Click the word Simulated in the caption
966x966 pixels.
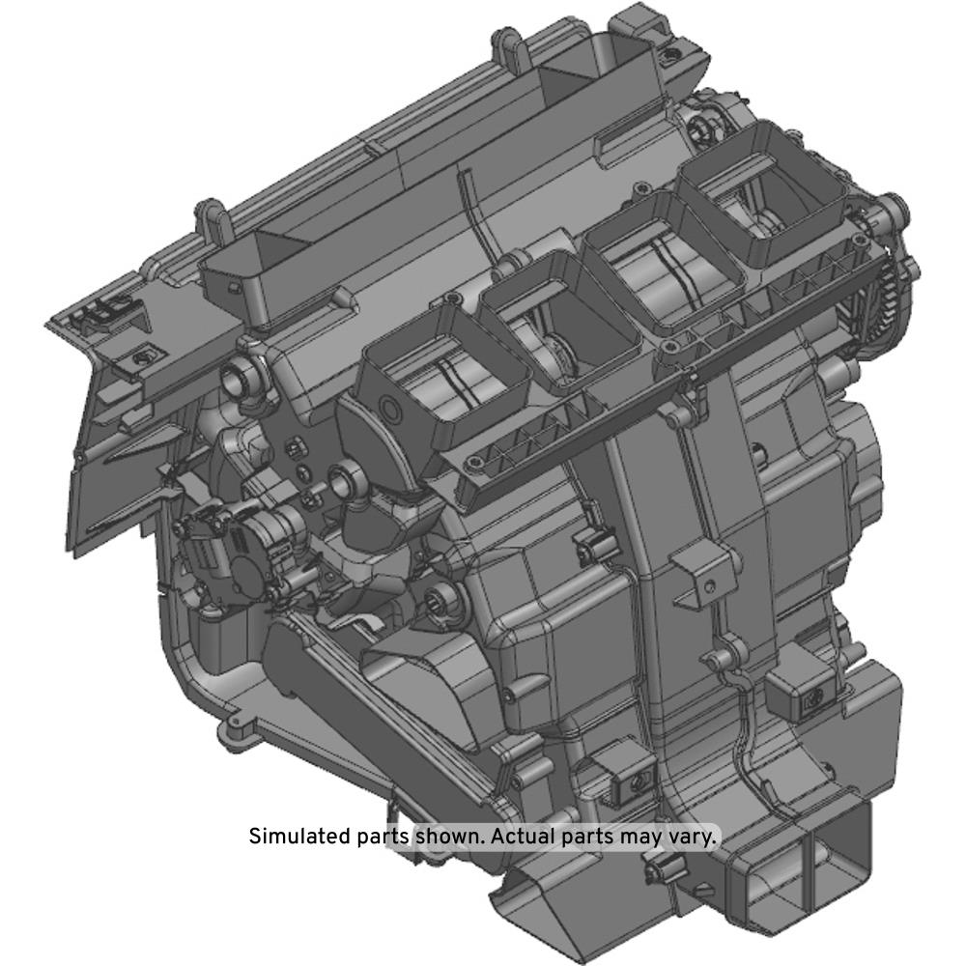(300, 837)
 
